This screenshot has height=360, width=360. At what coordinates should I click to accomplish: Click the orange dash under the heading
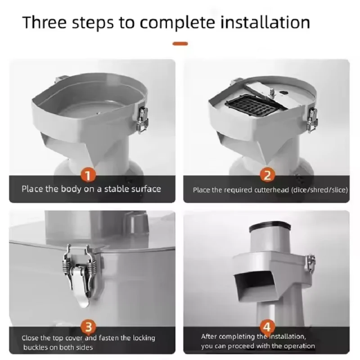180,44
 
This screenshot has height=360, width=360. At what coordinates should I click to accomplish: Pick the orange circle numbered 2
267,175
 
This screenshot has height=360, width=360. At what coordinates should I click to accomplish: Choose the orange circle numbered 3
88,327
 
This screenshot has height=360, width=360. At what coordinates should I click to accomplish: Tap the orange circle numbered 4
267,327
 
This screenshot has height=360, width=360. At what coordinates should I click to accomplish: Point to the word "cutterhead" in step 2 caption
271,190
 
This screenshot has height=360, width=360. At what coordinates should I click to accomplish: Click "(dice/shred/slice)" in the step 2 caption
319,190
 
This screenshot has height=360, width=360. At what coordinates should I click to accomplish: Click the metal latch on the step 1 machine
142,120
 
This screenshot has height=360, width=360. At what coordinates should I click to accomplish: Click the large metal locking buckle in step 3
82,275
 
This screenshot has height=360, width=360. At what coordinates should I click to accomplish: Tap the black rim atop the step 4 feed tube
270,226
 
